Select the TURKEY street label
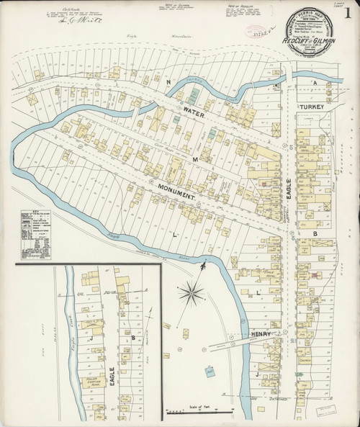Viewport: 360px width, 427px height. (313, 107)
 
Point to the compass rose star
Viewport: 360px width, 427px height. (192, 293)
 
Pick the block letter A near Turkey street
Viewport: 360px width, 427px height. (314, 83)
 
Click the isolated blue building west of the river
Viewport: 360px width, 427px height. (209, 372)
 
